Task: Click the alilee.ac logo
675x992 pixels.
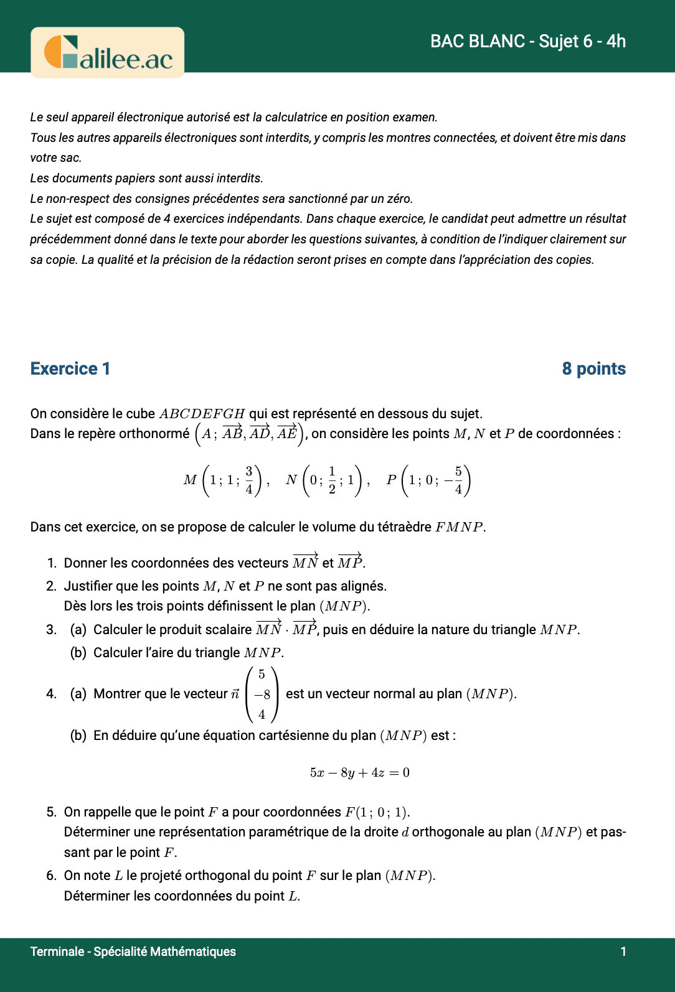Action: click(108, 53)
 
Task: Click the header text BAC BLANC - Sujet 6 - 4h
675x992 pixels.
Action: click(527, 41)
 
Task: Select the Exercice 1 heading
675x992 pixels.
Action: click(70, 368)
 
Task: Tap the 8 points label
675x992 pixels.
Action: click(593, 368)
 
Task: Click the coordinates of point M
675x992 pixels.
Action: click(227, 480)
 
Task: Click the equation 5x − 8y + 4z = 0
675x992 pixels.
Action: click(359, 772)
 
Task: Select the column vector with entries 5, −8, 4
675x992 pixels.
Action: click(262, 694)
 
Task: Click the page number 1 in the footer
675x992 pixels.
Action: click(623, 951)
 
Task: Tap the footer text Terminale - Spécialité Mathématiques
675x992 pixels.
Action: click(133, 951)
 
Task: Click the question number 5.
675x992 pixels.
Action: click(51, 812)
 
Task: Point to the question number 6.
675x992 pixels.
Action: click(51, 875)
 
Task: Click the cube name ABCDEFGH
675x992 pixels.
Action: click(202, 414)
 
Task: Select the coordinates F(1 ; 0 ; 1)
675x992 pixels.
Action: click(377, 812)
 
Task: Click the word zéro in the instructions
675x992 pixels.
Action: click(397, 199)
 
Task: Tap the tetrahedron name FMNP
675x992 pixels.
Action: click(459, 527)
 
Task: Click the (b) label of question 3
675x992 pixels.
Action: click(78, 652)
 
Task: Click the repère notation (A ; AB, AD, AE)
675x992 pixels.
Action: click(249, 433)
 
